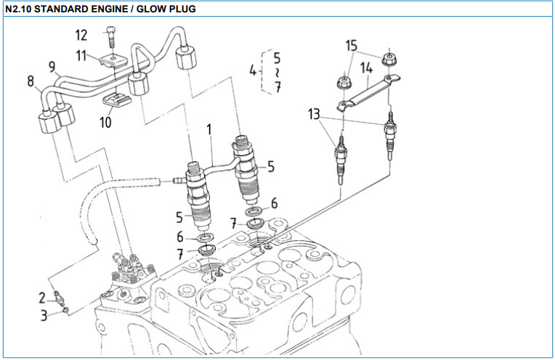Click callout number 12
click(81, 34)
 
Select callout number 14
click(366, 67)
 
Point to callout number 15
click(352, 47)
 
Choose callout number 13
click(313, 113)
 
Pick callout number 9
click(53, 67)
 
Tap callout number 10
click(106, 121)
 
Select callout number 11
click(81, 54)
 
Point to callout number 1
click(209, 131)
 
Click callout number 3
click(44, 315)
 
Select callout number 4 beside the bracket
click(253, 71)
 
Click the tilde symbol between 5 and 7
click(277, 73)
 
